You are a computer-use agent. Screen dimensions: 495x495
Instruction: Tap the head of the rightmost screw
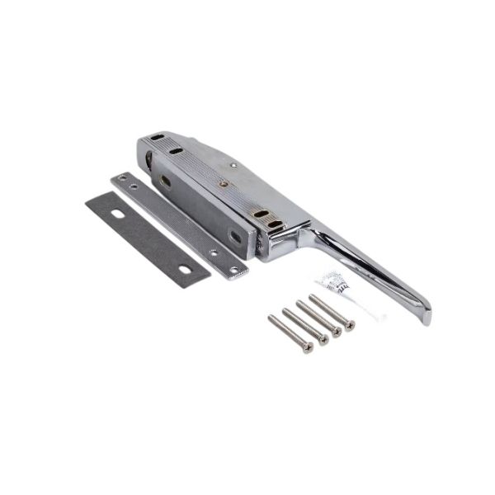pos(350,325)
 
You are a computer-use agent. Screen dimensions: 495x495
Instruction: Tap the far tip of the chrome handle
pos(425,318)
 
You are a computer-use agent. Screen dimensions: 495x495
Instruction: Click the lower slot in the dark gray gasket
pos(191,266)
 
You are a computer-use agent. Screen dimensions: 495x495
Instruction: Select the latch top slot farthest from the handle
pos(158,138)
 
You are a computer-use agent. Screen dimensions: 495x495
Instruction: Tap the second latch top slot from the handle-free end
pos(175,150)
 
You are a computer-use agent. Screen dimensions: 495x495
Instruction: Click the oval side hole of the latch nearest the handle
pos(235,236)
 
